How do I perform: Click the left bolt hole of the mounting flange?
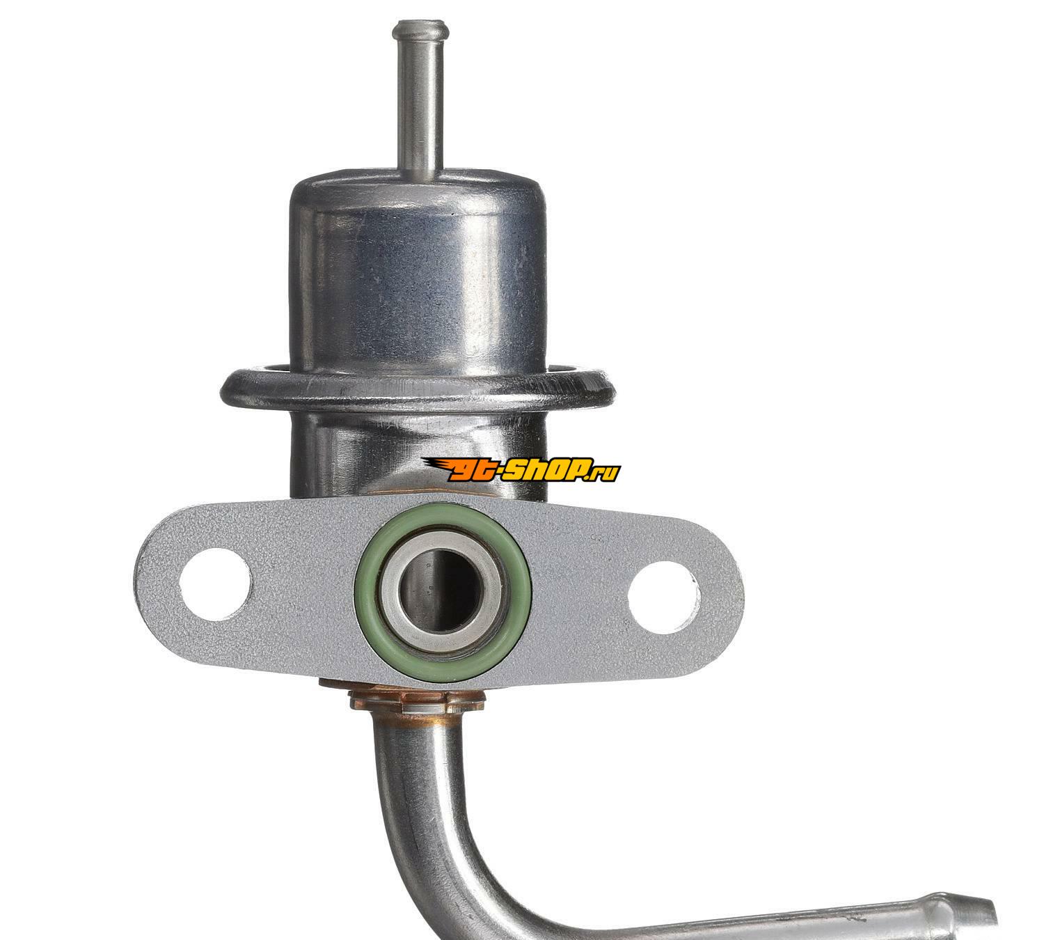click(x=214, y=584)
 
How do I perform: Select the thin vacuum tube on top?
click(x=421, y=99)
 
